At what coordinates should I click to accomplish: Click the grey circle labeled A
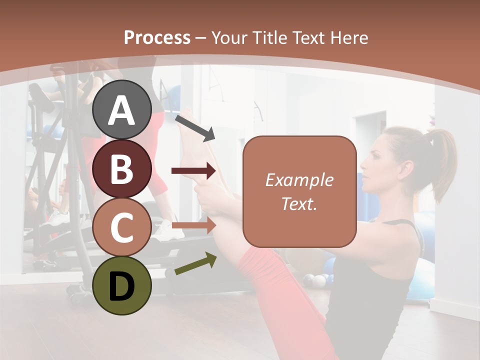(122, 110)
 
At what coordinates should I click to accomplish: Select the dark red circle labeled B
(122, 168)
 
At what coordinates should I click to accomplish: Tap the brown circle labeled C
(122, 227)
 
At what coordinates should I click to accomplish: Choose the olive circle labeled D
(122, 285)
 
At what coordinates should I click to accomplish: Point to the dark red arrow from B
(193, 171)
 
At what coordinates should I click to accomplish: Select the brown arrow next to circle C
(193, 224)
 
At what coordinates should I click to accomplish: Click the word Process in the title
(157, 37)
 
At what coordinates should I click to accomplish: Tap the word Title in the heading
(270, 37)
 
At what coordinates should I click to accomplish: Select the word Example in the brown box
(299, 180)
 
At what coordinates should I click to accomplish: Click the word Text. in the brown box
(299, 203)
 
